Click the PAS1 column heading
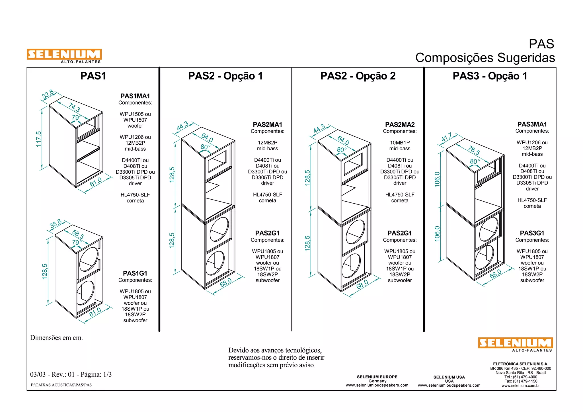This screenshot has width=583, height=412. (x=93, y=76)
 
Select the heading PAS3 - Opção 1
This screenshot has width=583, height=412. (x=490, y=76)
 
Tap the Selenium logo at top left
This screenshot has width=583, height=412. (x=64, y=55)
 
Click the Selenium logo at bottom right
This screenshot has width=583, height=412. (x=515, y=343)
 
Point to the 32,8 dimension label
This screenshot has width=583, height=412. (x=48, y=94)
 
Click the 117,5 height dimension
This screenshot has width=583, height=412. (x=38, y=139)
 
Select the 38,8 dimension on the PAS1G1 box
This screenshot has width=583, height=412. (x=56, y=224)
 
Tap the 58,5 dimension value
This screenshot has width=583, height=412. (x=78, y=234)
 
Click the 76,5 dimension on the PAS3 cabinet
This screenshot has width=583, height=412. (x=474, y=150)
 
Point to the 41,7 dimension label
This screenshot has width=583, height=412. (x=446, y=137)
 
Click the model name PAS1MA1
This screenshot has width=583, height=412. (x=135, y=96)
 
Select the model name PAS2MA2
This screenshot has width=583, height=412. (x=400, y=124)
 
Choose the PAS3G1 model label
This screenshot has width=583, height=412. (x=532, y=233)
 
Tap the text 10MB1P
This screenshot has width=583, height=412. (x=400, y=143)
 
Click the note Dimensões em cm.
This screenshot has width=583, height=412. (x=56, y=338)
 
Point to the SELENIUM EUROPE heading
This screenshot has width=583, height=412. (x=377, y=377)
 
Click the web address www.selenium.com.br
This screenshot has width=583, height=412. (x=520, y=386)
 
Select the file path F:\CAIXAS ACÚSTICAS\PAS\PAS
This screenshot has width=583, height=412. (x=61, y=385)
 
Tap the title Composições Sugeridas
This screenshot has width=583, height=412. (x=485, y=58)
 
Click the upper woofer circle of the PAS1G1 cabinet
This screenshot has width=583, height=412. (x=89, y=259)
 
